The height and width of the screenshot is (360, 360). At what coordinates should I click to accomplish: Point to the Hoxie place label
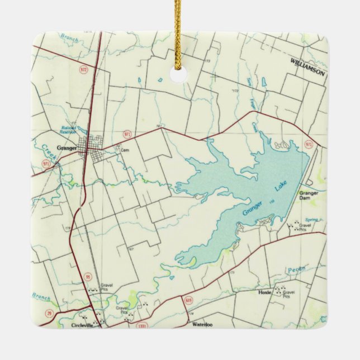point(264,292)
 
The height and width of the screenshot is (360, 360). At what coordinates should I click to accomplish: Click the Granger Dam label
point(309,196)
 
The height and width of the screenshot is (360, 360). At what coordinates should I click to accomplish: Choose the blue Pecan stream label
point(297,271)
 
